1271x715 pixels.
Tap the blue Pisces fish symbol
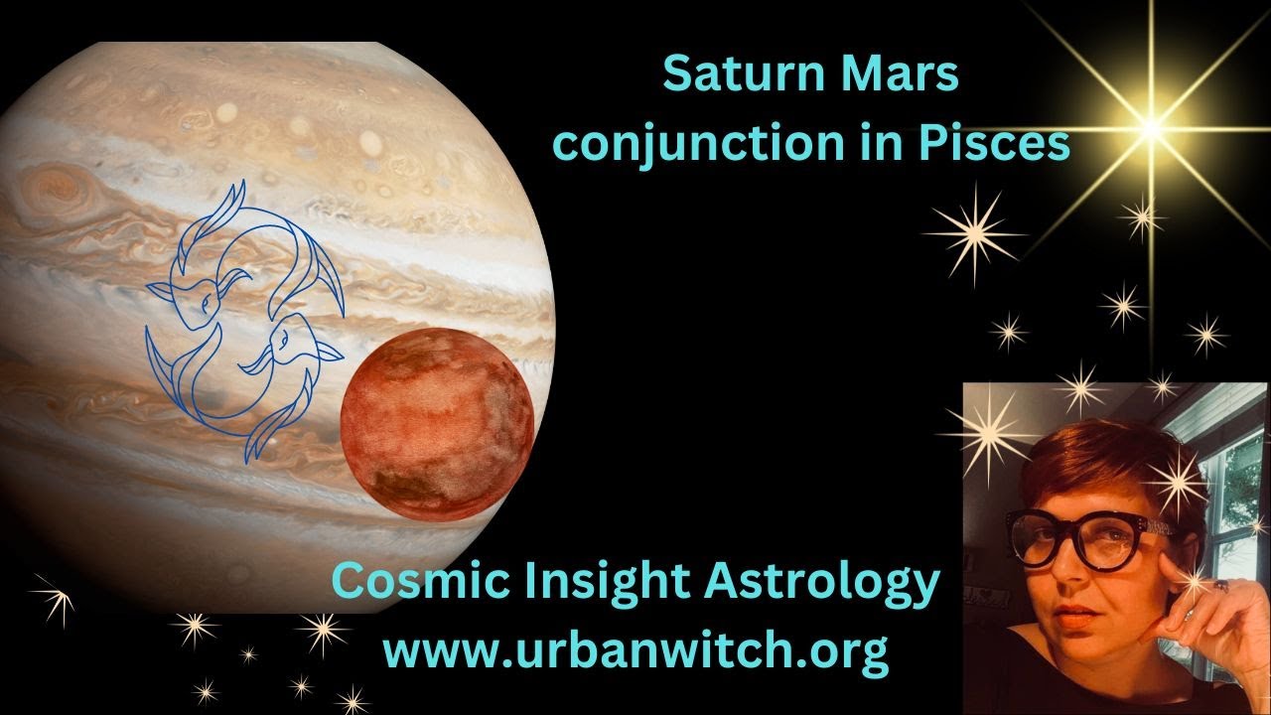click(x=243, y=318)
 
